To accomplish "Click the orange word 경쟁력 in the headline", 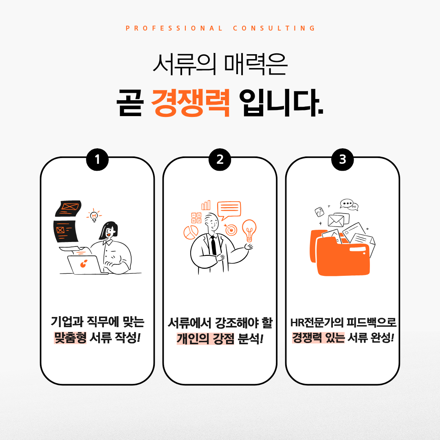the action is (x=191, y=102).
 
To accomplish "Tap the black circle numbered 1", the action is (x=97, y=159).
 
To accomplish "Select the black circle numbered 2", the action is (x=220, y=159).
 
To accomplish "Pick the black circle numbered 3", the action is (x=342, y=159).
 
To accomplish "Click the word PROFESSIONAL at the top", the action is (x=174, y=29).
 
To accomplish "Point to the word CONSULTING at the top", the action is (x=274, y=29).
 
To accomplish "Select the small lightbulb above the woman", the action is (x=94, y=216).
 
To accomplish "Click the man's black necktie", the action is (x=213, y=245).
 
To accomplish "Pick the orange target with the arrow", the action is (x=231, y=230).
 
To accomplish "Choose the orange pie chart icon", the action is (x=191, y=233).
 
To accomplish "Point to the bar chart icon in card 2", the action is (x=206, y=205).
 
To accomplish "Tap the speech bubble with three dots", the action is (x=347, y=203).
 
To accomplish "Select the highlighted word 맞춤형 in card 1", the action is (x=70, y=337).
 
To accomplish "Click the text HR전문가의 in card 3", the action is (x=317, y=322).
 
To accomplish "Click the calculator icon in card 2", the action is (x=196, y=218).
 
